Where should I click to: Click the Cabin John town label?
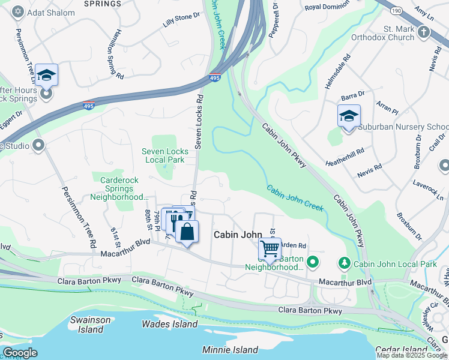click(238, 235)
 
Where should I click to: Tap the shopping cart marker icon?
click(270, 247)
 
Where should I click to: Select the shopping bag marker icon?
click(187, 231)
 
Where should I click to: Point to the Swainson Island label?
click(87, 325)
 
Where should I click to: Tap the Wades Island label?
click(169, 324)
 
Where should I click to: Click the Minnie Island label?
click(230, 350)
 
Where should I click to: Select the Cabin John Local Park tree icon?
click(344, 262)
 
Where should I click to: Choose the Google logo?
click(20, 353)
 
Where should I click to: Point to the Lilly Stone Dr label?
click(181, 20)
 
